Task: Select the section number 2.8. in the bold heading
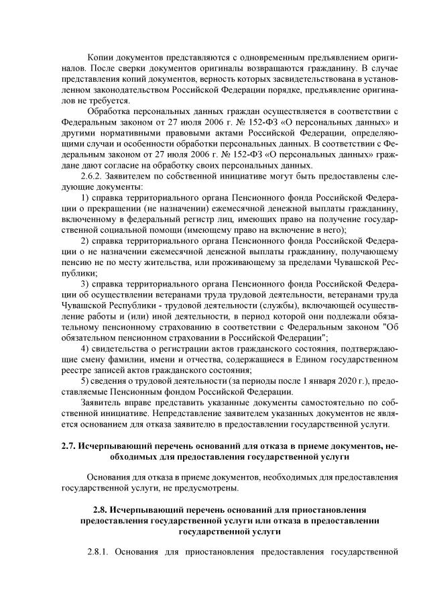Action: (x=101, y=501)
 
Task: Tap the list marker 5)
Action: (x=84, y=381)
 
